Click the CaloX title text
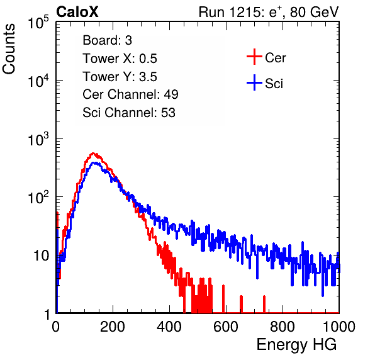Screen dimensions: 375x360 [x=77, y=12]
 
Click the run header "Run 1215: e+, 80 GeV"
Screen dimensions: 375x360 [x=269, y=12]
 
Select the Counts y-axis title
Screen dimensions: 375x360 [x=9, y=49]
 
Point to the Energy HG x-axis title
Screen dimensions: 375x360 [x=296, y=345]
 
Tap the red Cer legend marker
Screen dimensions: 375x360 [x=254, y=57]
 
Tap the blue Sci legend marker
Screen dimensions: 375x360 [x=254, y=83]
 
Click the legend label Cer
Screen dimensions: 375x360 [x=275, y=58]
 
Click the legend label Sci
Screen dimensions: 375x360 [x=274, y=84]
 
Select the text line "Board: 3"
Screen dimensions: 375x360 [x=107, y=40]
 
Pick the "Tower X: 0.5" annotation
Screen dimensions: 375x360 [x=120, y=59]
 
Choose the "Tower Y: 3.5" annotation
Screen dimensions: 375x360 [x=120, y=77]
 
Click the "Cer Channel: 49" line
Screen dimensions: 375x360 [x=130, y=94]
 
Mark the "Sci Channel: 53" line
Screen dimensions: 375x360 [x=129, y=113]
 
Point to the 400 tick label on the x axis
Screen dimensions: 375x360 [x=169, y=327]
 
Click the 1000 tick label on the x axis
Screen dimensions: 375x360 [x=339, y=327]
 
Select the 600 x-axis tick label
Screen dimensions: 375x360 [x=226, y=327]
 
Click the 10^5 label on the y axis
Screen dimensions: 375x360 [x=38, y=22]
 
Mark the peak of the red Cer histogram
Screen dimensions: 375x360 [x=93, y=153]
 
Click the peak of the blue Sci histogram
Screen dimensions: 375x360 [x=95, y=162]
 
